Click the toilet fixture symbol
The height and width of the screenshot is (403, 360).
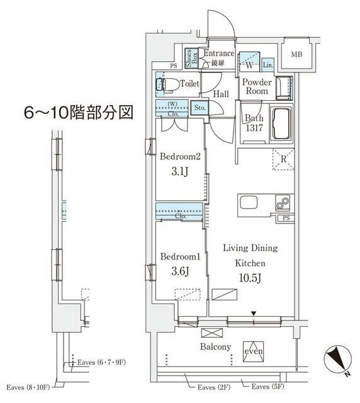tap(167, 83)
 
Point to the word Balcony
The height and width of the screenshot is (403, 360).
tap(215, 347)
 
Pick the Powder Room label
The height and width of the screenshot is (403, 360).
tap(257, 86)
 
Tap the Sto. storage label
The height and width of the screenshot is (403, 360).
tap(200, 107)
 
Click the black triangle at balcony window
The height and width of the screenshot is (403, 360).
tap(254, 313)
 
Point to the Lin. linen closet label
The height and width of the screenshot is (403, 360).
tap(267, 65)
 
